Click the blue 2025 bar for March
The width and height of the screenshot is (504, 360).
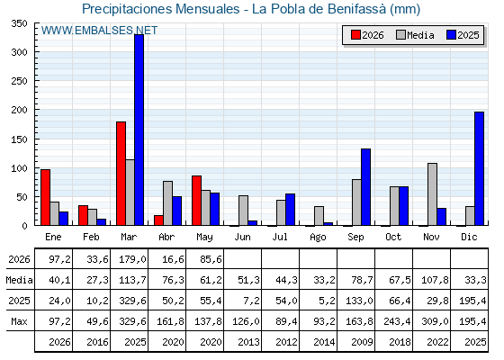[139, 130]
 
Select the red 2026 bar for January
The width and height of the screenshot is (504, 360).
[45, 197]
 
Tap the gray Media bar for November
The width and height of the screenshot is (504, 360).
[432, 194]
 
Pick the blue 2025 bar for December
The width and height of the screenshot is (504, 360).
[479, 168]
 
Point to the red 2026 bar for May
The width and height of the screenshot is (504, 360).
[197, 201]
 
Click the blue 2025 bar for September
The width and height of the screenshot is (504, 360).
[365, 187]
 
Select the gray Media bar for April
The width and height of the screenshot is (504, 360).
[167, 203]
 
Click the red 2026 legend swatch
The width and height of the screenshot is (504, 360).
[355, 35]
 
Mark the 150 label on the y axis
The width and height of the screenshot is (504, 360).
[19, 139]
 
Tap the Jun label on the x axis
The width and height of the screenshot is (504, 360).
[242, 237]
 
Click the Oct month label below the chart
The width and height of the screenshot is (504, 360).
[394, 237]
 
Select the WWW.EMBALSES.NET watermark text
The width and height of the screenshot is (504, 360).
[99, 31]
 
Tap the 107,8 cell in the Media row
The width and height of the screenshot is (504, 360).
[435, 280]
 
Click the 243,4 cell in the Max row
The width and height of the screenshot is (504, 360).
[397, 321]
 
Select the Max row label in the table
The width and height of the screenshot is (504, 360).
[19, 321]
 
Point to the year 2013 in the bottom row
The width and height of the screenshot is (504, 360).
[248, 342]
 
